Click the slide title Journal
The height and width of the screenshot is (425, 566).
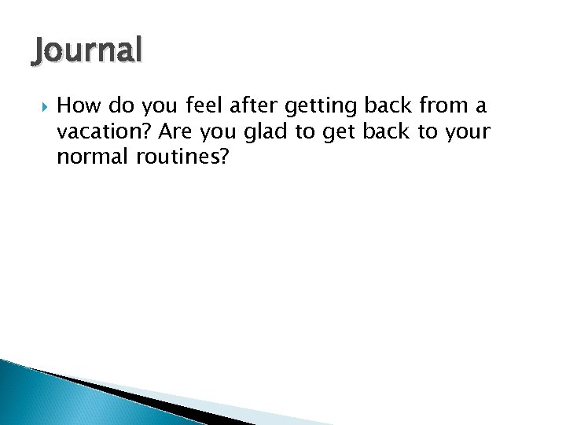click(87, 51)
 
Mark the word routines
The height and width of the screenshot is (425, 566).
click(181, 159)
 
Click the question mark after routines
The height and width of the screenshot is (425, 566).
click(224, 159)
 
